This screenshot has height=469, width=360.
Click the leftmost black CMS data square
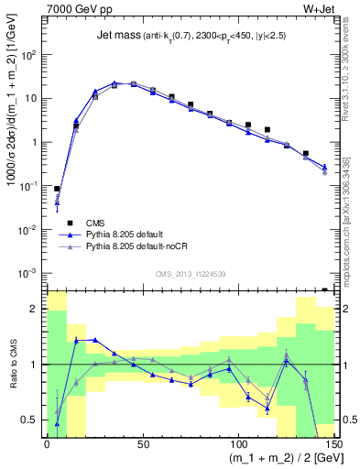coord(57,188)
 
